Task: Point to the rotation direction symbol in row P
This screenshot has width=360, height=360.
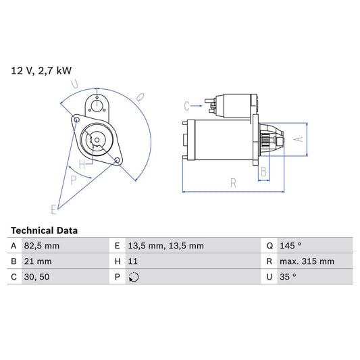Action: [x=134, y=277]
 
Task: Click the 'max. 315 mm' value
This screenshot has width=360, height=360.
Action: [x=308, y=261]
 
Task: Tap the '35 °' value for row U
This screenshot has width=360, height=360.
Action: [x=288, y=277]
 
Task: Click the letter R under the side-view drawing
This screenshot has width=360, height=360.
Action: [x=232, y=182]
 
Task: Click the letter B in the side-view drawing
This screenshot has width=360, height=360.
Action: [x=263, y=171]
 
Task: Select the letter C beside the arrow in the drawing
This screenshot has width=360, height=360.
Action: [x=187, y=105]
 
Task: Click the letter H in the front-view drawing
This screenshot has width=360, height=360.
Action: [x=82, y=164]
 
